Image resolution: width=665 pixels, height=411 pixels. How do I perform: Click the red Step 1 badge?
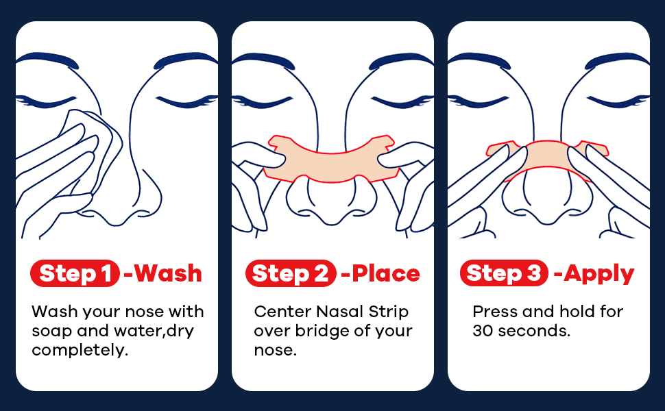(75, 273)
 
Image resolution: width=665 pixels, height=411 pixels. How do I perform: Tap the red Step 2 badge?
(291, 273)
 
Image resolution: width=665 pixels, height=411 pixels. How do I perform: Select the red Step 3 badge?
(504, 273)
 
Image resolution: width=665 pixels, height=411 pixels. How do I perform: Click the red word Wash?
(168, 273)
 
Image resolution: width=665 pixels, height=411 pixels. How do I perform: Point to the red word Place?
(386, 273)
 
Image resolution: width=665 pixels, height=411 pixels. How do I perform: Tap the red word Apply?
(598, 274)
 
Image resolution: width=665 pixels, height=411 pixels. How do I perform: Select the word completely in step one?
(80, 351)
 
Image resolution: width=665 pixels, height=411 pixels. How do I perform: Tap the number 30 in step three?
(483, 331)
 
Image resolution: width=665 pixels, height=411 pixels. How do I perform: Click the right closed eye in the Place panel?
(401, 102)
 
